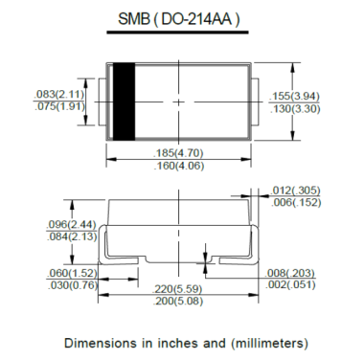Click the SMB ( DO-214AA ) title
click(x=178, y=19)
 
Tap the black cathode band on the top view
click(x=125, y=101)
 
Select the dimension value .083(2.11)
click(x=59, y=95)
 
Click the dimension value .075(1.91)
click(x=59, y=106)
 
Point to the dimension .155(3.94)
click(x=295, y=96)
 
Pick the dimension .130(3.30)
click(x=295, y=109)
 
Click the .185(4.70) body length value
click(x=178, y=153)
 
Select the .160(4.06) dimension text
click(x=178, y=166)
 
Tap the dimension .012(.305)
click(x=296, y=191)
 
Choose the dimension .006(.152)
click(x=296, y=202)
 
